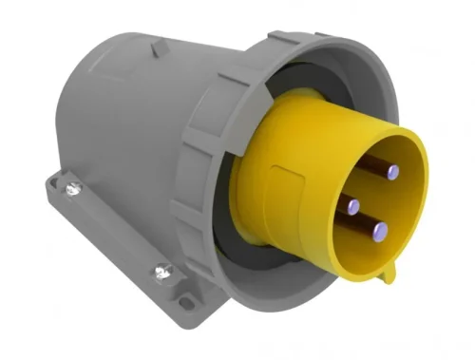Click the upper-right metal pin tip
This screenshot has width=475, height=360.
392,173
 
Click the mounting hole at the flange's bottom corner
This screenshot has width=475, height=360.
186,304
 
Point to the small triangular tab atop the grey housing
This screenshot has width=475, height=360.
161,45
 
